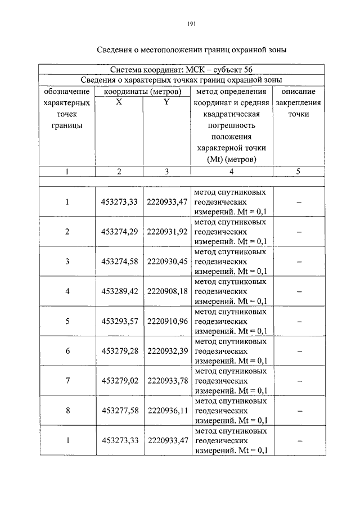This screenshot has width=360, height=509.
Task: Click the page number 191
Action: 190,24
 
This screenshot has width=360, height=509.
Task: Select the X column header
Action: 119,102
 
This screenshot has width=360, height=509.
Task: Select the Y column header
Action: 166,102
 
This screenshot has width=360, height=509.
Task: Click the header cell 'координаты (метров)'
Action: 142,91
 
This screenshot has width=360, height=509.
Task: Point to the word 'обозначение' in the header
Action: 66,91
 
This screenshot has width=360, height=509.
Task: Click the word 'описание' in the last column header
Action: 298,91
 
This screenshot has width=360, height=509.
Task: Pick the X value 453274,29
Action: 119,232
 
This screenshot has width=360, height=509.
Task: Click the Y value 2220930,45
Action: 166,262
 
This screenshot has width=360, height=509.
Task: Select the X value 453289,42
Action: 119,291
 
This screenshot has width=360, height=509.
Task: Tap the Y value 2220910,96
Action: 166,321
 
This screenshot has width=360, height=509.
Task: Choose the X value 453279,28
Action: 119,351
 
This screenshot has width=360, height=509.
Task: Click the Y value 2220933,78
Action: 166,381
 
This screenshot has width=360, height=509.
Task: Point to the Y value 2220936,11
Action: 166,411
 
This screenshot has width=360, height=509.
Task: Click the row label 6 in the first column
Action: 67,351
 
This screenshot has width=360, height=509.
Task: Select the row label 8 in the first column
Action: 67,411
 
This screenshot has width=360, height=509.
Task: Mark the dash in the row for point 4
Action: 299,291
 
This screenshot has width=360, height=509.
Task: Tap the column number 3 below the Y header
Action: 166,172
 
